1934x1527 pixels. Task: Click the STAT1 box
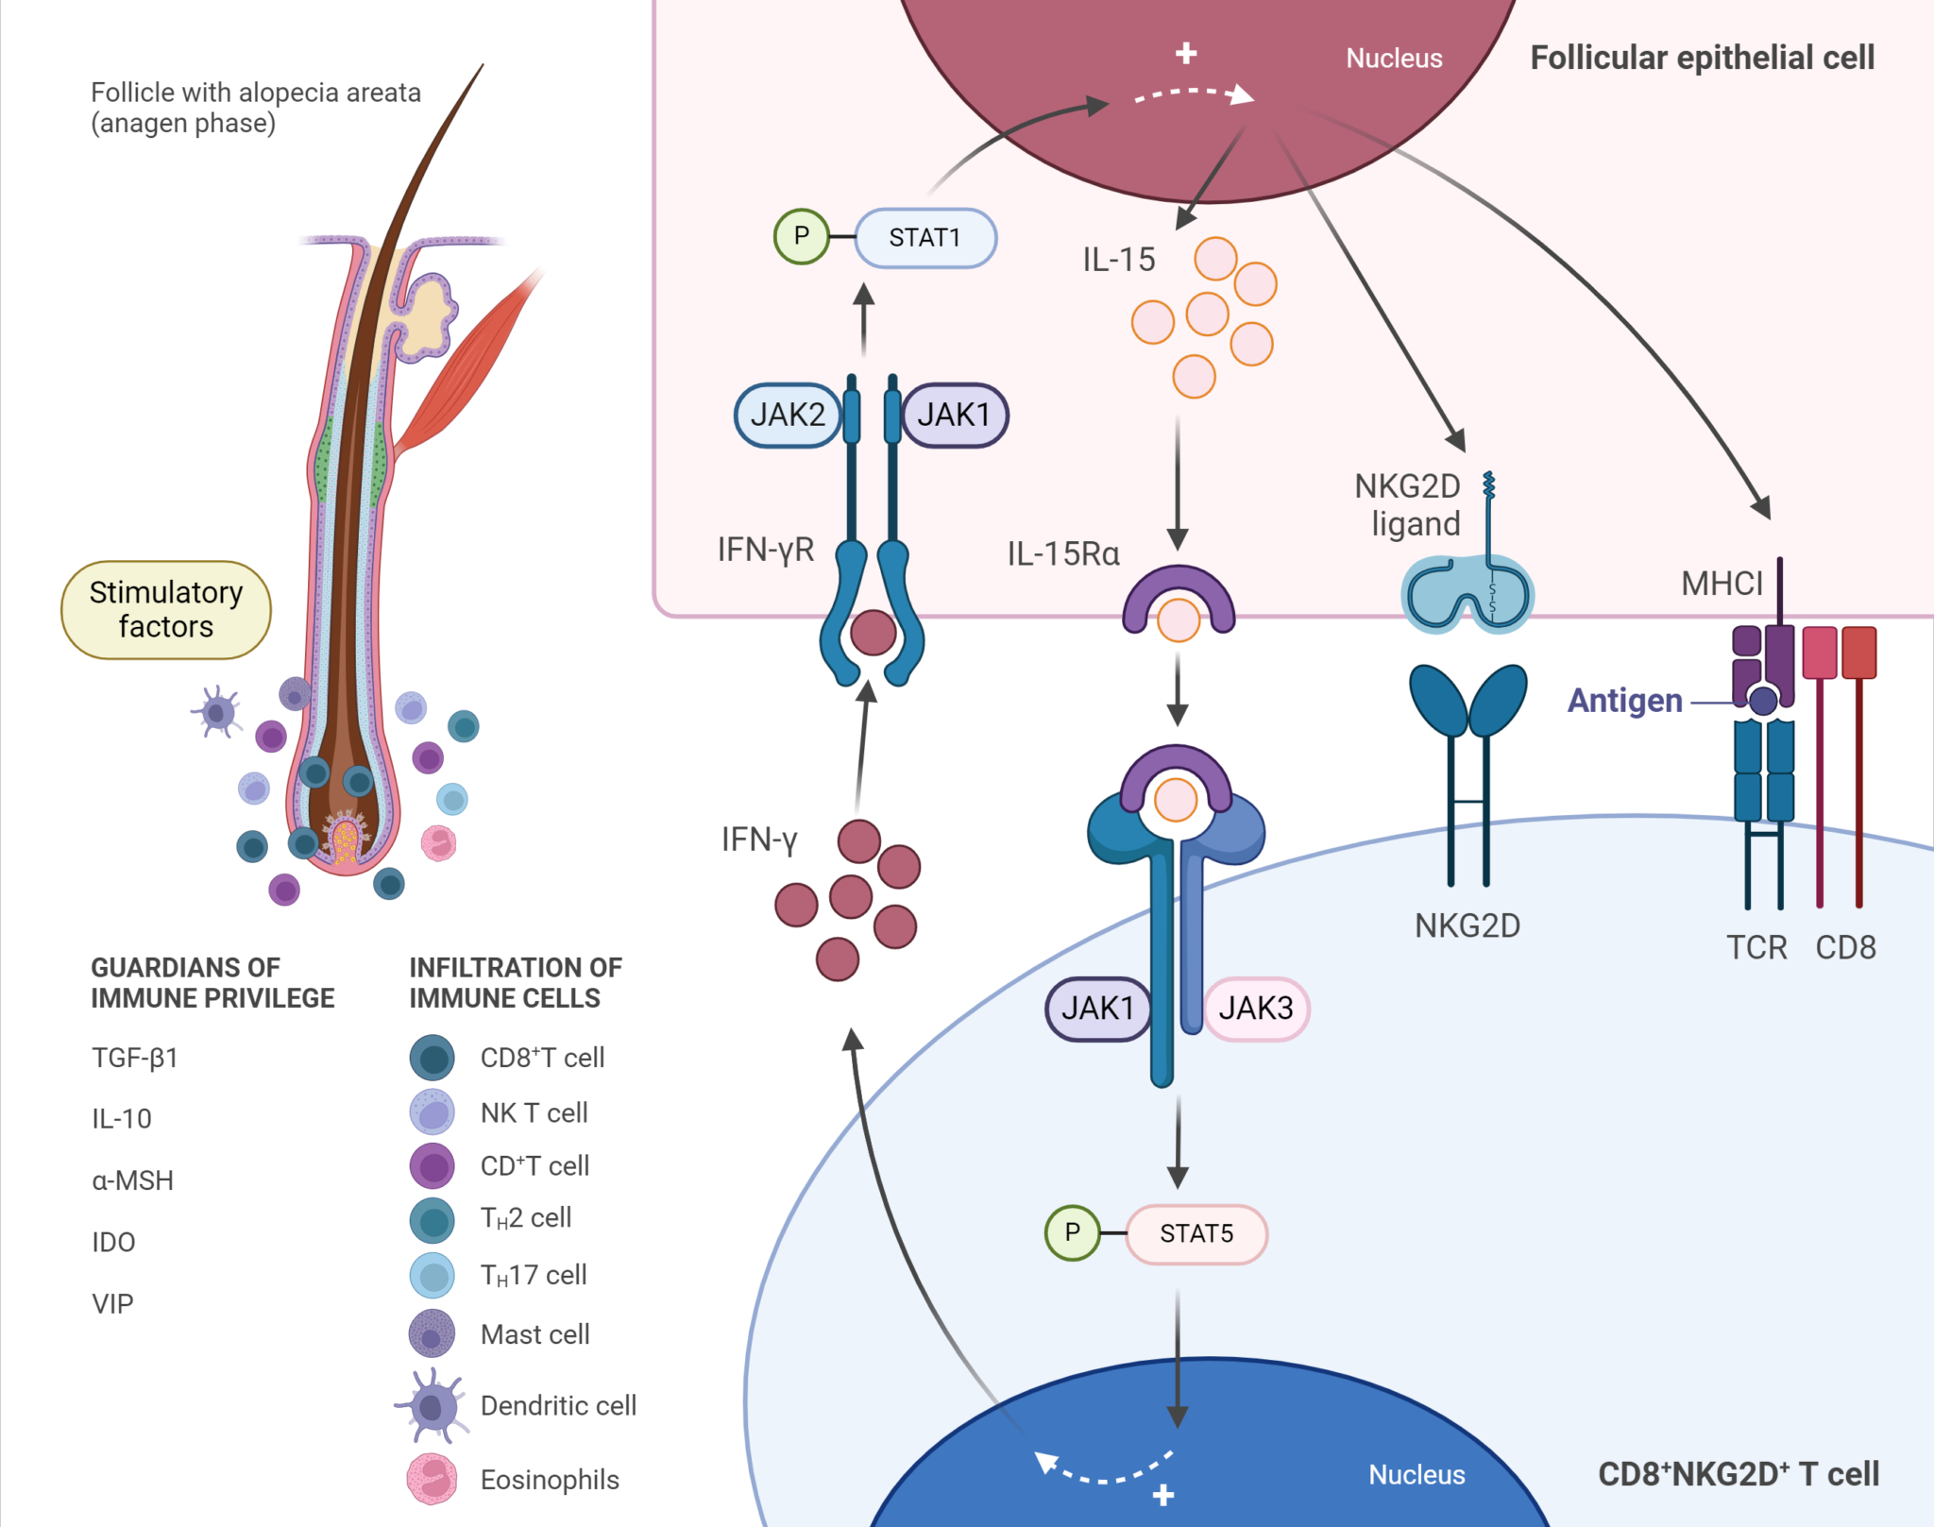pyautogui.click(x=925, y=238)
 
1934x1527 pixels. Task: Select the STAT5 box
pyautogui.click(x=1196, y=1233)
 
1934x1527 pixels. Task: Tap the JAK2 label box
pyautogui.click(x=787, y=415)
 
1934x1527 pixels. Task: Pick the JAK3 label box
pyautogui.click(x=1255, y=1009)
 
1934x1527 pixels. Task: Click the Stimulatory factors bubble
pyautogui.click(x=166, y=609)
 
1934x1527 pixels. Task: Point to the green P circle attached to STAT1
pyautogui.click(x=801, y=236)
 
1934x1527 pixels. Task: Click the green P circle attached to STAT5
pyautogui.click(x=1072, y=1232)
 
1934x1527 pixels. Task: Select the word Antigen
pyautogui.click(x=1624, y=701)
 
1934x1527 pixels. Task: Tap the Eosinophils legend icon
pyautogui.click(x=432, y=1479)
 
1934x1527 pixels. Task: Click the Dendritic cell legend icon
pyautogui.click(x=432, y=1406)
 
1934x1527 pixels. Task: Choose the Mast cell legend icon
pyautogui.click(x=432, y=1334)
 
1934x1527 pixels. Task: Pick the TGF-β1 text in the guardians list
pyautogui.click(x=135, y=1058)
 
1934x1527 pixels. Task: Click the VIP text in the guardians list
pyautogui.click(x=112, y=1304)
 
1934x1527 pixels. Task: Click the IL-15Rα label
pyautogui.click(x=1063, y=553)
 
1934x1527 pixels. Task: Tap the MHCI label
pyautogui.click(x=1722, y=584)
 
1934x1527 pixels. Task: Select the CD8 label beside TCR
pyautogui.click(x=1845, y=947)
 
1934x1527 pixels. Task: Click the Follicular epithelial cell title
pyautogui.click(x=1702, y=58)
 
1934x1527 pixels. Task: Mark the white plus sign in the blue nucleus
pyautogui.click(x=1163, y=1495)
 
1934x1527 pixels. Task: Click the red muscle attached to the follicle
pyautogui.click(x=467, y=364)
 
